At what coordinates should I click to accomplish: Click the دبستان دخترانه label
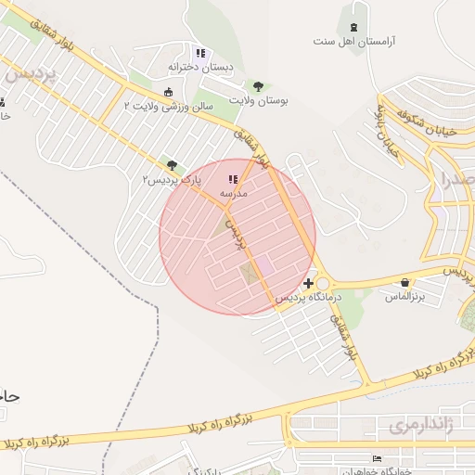point(201,69)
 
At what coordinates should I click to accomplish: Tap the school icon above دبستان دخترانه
point(200,54)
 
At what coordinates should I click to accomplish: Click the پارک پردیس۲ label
point(171,178)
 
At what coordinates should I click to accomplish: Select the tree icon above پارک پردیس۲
point(171,164)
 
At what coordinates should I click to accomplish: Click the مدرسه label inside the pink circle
point(232,193)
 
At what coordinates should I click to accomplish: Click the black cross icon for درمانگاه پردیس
point(308,282)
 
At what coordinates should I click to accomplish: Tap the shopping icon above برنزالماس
point(404,283)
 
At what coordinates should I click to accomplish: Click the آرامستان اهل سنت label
point(353,42)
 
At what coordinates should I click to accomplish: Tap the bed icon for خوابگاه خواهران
point(376,458)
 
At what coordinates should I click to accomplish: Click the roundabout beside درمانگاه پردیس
point(323,284)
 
